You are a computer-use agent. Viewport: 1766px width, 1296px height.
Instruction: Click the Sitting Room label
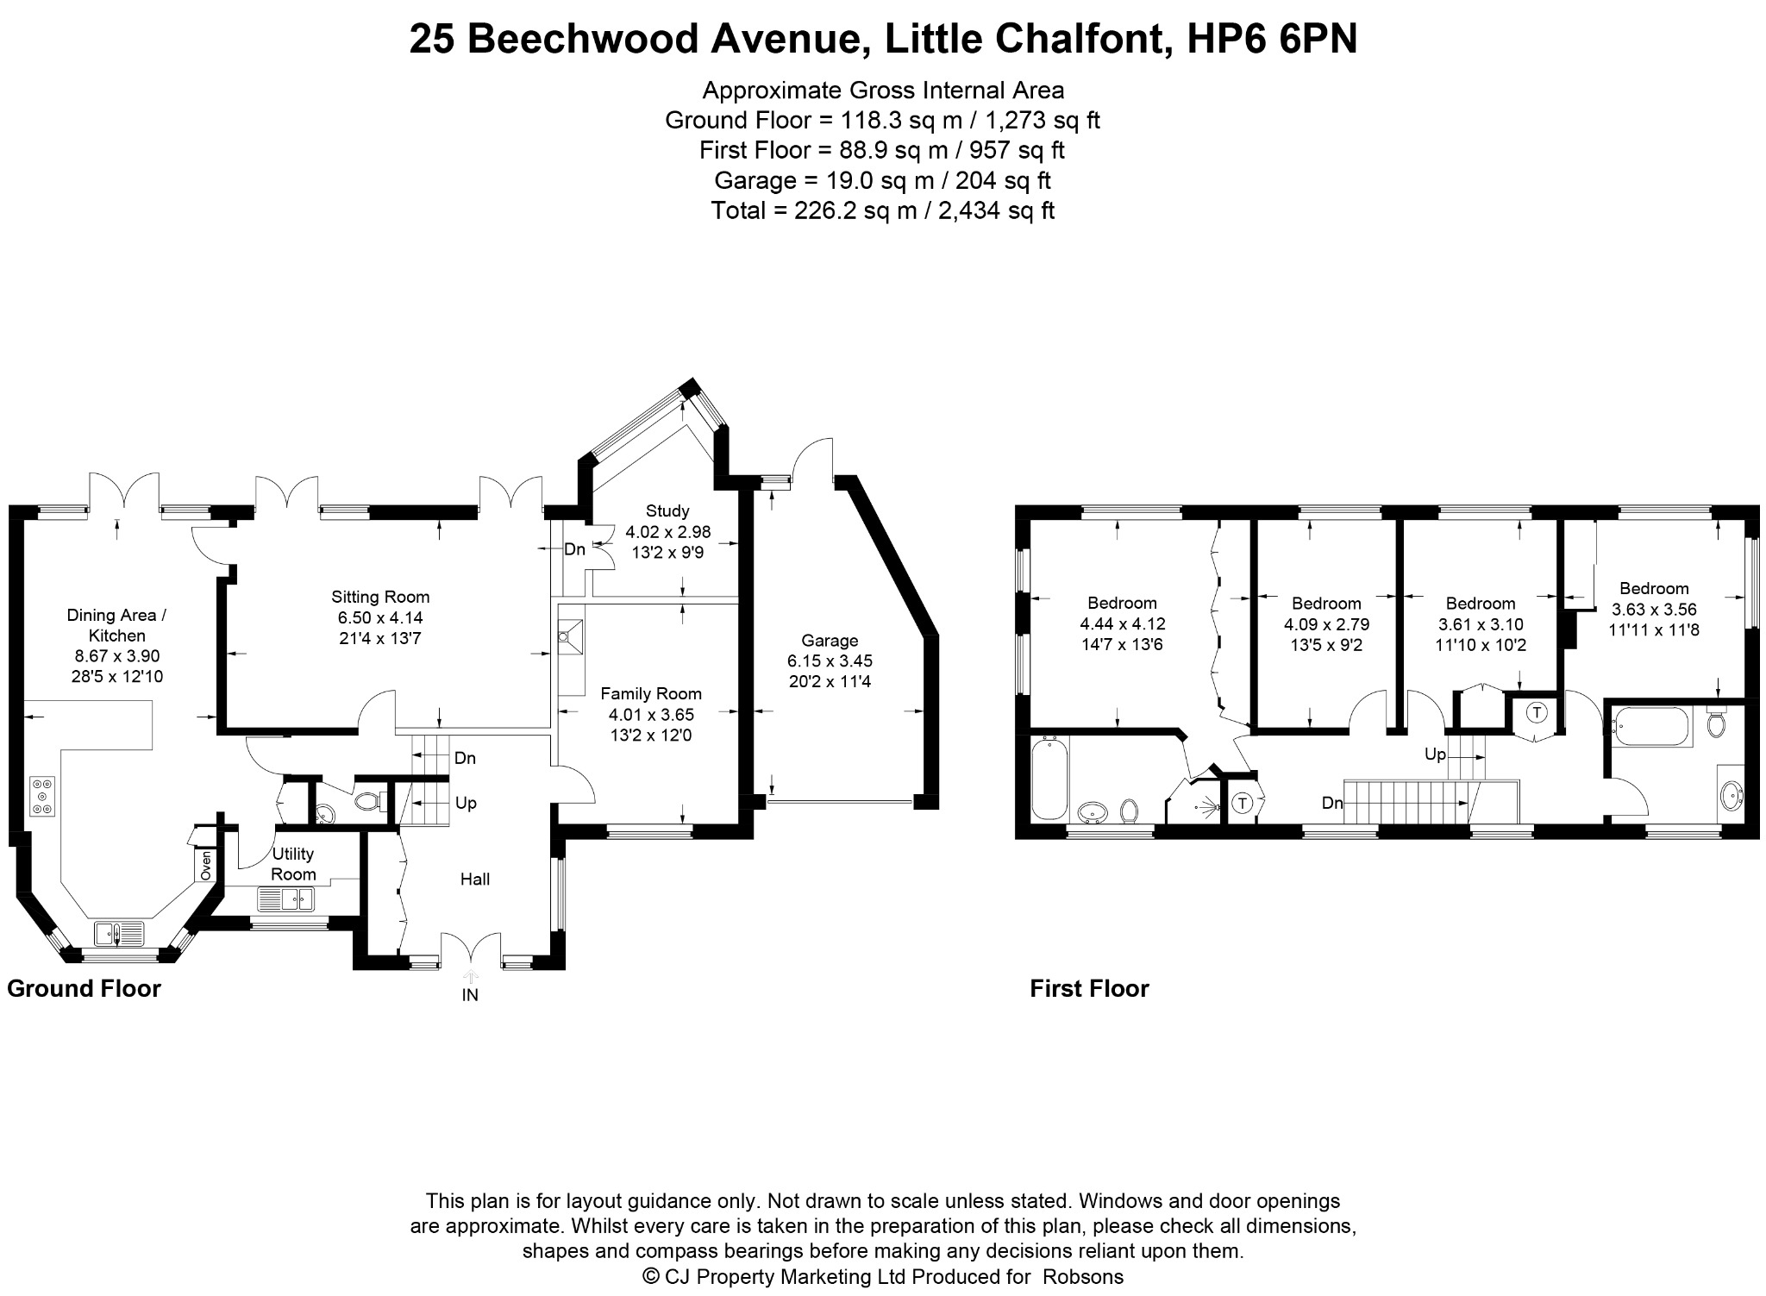380,597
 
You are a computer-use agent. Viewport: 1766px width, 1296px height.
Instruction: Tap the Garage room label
830,641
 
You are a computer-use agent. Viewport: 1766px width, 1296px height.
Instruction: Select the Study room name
667,511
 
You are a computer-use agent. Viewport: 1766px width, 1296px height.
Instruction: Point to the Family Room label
651,693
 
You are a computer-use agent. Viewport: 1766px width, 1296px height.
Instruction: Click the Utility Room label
293,864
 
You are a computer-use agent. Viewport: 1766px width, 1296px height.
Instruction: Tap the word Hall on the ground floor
475,879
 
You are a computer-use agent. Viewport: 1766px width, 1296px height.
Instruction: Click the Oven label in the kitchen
206,866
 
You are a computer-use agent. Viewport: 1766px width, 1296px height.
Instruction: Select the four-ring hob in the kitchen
41,797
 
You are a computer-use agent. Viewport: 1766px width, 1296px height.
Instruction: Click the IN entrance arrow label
470,994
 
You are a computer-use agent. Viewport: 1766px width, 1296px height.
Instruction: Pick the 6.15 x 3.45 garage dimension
830,661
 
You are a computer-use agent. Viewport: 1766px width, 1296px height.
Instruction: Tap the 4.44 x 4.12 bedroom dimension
1122,623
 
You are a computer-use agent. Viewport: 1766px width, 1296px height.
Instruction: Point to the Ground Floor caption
84,988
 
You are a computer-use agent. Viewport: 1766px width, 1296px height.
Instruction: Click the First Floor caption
1089,988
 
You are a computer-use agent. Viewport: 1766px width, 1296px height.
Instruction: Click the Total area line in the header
883,210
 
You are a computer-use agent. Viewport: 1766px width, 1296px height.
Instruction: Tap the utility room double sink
286,900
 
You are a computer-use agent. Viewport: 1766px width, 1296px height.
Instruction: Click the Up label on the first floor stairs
1435,754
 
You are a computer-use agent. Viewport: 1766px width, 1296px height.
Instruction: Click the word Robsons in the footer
1083,1276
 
